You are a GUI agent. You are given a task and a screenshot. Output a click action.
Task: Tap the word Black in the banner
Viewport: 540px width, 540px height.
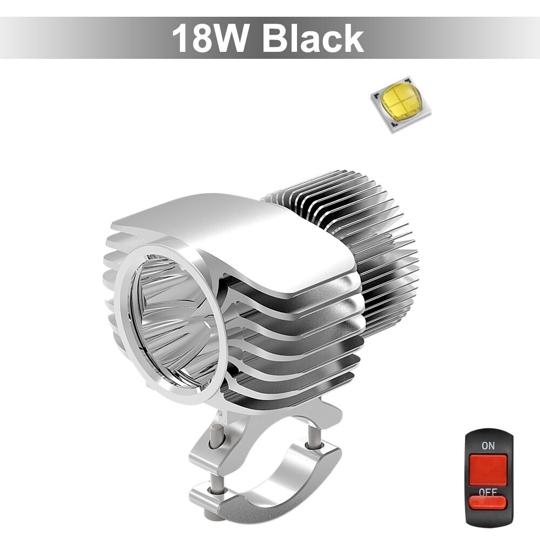coord(313,38)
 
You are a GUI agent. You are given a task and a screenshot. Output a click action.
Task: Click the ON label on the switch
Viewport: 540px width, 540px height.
coord(488,446)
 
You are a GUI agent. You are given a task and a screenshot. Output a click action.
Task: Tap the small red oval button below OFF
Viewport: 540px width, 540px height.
coord(488,503)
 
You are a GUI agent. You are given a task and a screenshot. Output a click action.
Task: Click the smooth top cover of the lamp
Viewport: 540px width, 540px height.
coord(241,238)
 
